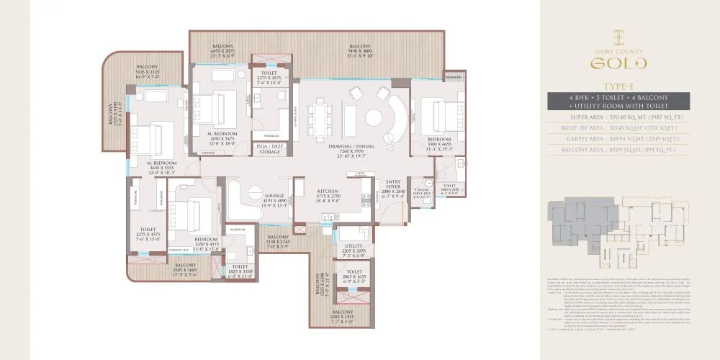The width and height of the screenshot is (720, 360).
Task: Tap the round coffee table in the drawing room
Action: tap(375, 117)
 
